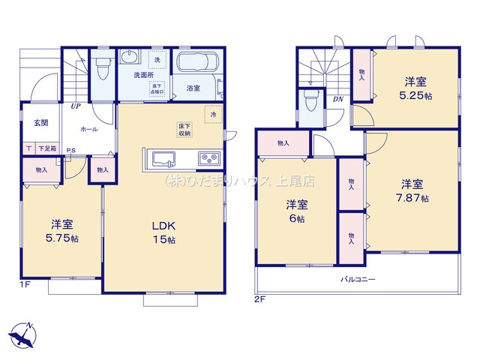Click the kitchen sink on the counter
coord(164,158)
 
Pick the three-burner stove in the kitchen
coord(208,158)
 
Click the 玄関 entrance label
coord(40,123)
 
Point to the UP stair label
coord(76,106)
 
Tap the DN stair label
coord(338,97)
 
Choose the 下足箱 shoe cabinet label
coord(48,149)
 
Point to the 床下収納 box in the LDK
coord(184,129)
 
